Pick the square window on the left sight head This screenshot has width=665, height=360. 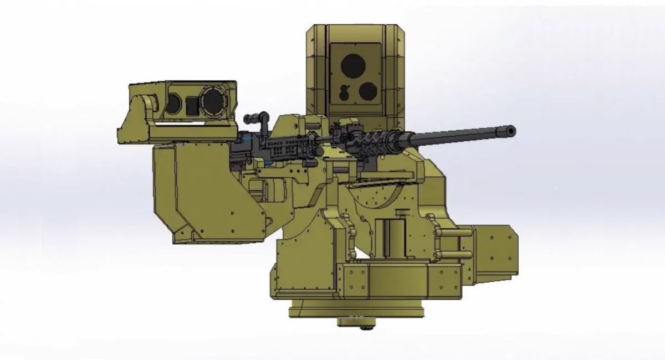click(x=191, y=103)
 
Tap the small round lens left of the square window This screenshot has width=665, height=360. click(x=174, y=102)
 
